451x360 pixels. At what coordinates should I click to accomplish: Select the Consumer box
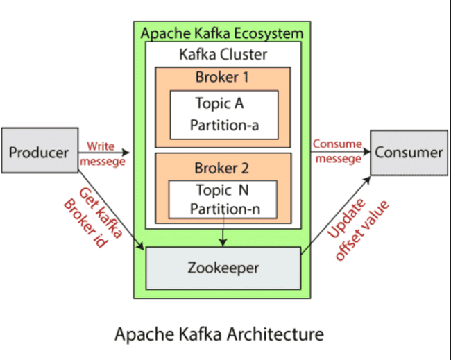tap(409, 152)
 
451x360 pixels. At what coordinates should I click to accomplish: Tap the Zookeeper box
tap(223, 267)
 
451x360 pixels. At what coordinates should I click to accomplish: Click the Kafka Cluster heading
tap(223, 54)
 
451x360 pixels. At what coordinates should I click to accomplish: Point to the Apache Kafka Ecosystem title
tap(223, 33)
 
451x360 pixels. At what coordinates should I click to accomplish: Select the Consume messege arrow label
tap(337, 151)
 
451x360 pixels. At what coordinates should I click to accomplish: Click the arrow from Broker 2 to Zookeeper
tap(223, 232)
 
